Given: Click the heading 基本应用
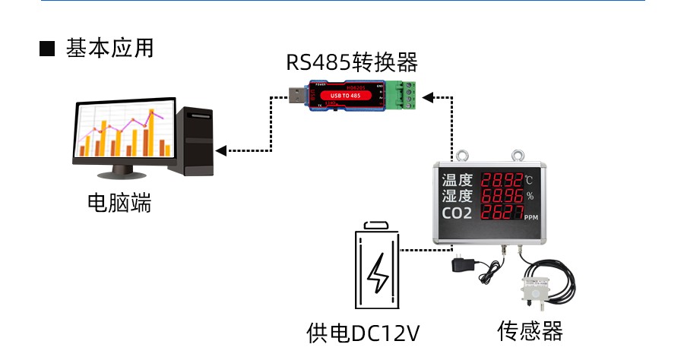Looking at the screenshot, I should point(109,48).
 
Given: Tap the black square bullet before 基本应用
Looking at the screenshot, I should point(48,49).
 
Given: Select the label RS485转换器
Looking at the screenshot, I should point(351,62).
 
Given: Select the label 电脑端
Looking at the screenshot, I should point(119,203).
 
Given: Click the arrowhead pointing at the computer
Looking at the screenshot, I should point(221,150).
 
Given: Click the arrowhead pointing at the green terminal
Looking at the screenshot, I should point(428,96).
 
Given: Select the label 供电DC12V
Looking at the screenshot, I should point(363,333).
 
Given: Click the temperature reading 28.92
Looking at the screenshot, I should point(502,181).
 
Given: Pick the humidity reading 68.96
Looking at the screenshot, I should point(502,196).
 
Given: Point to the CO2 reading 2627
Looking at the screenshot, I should point(502,213).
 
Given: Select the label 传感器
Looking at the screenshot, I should point(530,331).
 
